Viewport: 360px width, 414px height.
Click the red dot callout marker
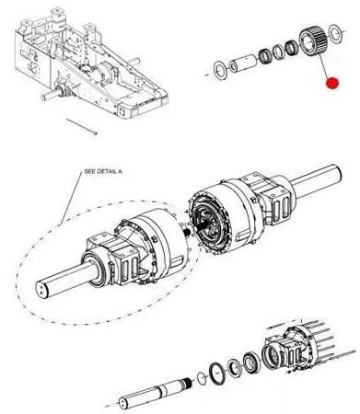click(x=332, y=84)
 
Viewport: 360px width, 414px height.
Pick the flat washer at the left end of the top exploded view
click(x=220, y=70)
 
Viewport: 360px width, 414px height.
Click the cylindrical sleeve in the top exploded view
click(x=243, y=63)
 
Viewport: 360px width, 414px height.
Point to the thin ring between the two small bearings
click(x=279, y=52)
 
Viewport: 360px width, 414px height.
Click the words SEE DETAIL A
click(x=103, y=172)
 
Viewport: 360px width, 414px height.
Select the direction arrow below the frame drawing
click(x=82, y=126)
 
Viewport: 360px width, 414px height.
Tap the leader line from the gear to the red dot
click(x=325, y=66)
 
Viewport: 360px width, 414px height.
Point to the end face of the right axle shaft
click(x=337, y=172)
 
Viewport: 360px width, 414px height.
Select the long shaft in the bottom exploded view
click(x=156, y=393)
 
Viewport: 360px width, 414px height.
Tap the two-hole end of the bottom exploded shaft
click(x=123, y=402)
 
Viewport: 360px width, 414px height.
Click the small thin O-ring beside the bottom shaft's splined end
click(x=201, y=378)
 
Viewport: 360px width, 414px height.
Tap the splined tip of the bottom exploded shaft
click(x=187, y=382)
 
